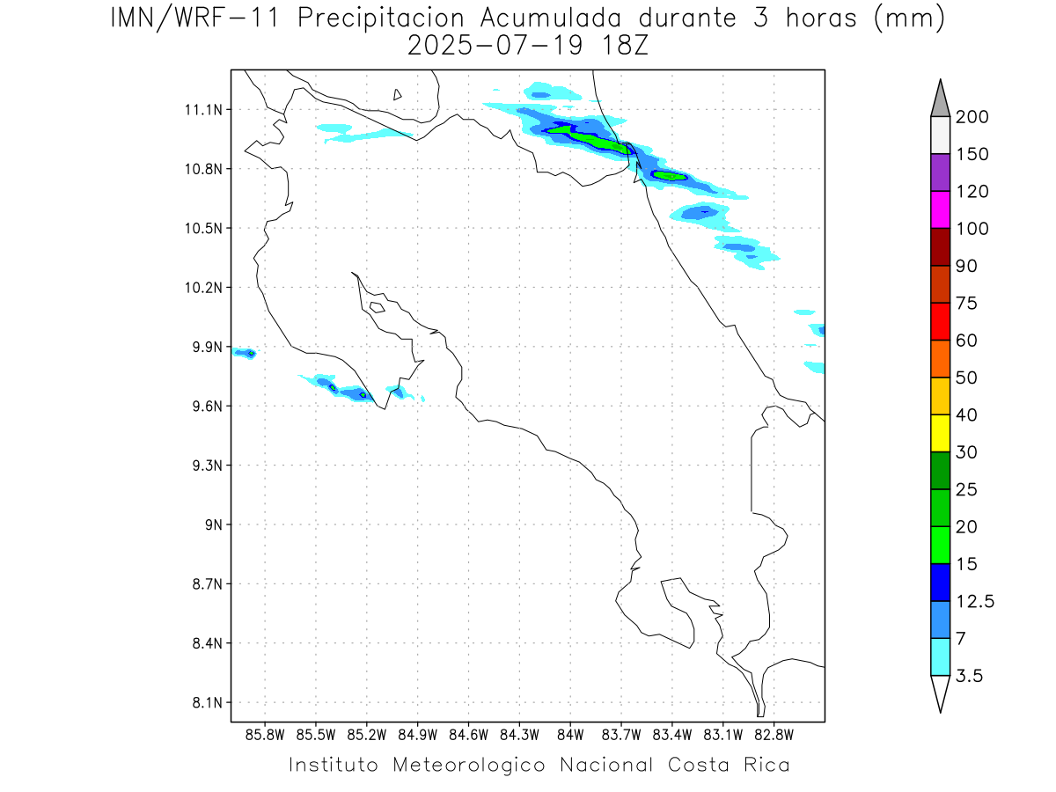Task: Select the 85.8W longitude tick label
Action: coord(266,734)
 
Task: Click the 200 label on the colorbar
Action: coord(972,117)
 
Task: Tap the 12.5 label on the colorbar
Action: coord(975,601)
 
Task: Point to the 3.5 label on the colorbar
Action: coord(971,676)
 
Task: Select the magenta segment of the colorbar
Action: coord(940,210)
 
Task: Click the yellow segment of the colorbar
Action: coord(940,433)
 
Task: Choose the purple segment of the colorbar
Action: coord(940,172)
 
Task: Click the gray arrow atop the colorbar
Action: coord(940,98)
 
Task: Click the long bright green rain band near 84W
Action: coord(598,140)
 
